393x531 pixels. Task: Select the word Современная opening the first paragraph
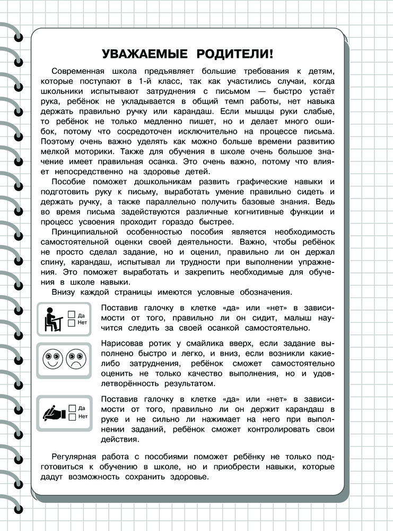coord(81,72)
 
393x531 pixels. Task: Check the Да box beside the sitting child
coord(72,315)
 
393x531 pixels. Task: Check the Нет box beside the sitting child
coord(72,323)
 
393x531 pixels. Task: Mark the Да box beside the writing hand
coord(72,408)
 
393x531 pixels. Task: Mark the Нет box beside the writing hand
coord(72,417)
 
